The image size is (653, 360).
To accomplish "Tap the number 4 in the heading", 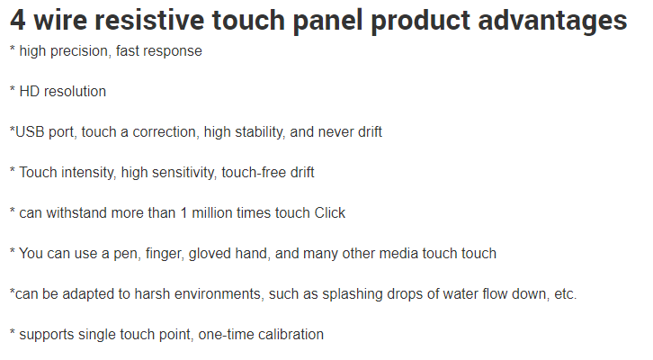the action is point(17,21).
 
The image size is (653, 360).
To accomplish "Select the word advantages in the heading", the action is point(552,22).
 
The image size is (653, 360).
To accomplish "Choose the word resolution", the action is point(75,91).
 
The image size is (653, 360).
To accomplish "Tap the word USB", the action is point(30,131).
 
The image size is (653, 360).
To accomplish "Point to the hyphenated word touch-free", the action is point(254,172).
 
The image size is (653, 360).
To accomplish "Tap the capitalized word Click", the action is point(330,213).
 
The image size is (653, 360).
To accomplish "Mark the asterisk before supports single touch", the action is point(13,332).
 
